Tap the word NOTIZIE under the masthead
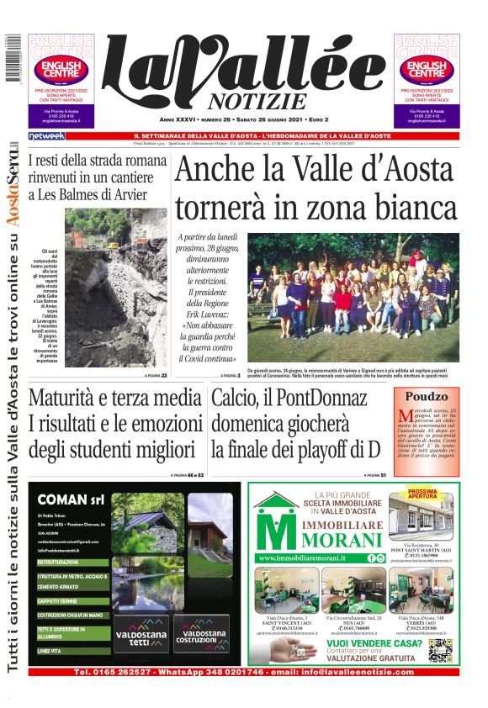point(254,102)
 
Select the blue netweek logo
point(46,135)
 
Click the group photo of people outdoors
point(353,299)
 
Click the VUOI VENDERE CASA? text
point(367,642)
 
